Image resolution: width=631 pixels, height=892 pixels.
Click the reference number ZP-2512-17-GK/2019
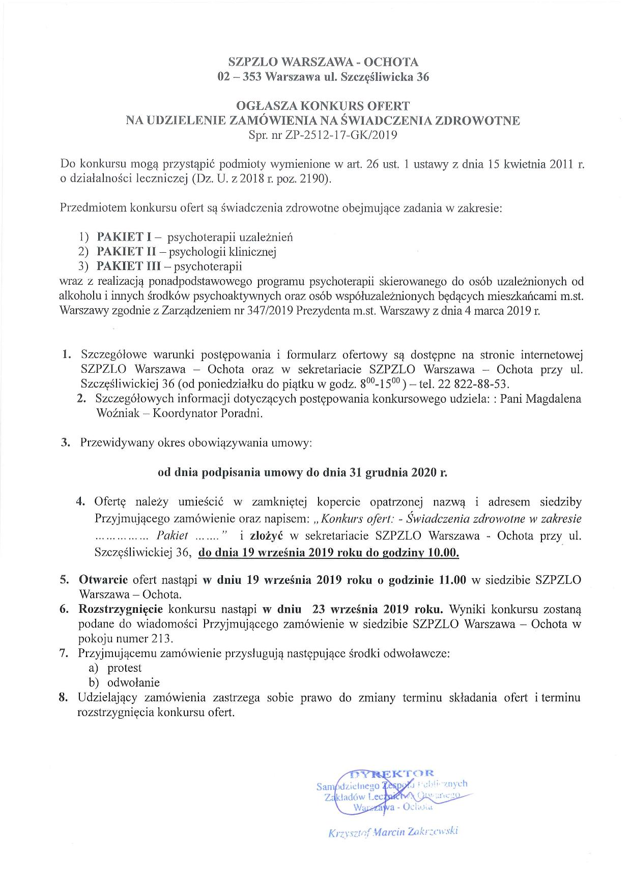tap(336, 135)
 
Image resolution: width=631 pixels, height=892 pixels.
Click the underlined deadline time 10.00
tap(444, 552)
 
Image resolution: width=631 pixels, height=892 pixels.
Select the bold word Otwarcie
tap(103, 580)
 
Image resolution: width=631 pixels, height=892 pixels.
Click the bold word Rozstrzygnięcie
tap(120, 609)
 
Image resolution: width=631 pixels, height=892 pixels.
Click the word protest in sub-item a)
tap(124, 668)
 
